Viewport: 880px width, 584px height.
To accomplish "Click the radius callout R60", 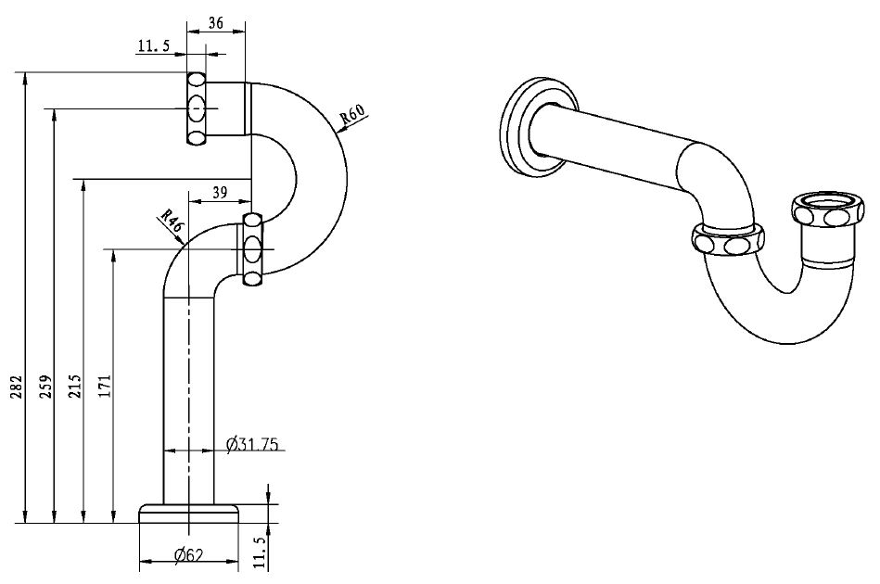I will tap(354, 116).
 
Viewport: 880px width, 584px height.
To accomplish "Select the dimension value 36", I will tap(215, 24).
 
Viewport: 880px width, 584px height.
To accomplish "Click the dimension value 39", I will tap(220, 192).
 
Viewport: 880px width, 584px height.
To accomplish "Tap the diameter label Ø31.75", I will tap(253, 446).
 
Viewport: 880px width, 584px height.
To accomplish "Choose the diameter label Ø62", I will tap(189, 555).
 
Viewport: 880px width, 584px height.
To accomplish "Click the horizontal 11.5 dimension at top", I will tap(153, 46).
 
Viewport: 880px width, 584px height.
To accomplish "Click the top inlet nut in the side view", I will tap(197, 108).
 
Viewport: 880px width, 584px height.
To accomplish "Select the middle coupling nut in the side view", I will tap(253, 249).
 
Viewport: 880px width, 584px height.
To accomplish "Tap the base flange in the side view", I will tap(189, 513).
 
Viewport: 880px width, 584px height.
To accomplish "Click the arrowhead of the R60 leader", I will tap(341, 131).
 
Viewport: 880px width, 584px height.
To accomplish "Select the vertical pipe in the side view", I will tap(189, 399).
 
